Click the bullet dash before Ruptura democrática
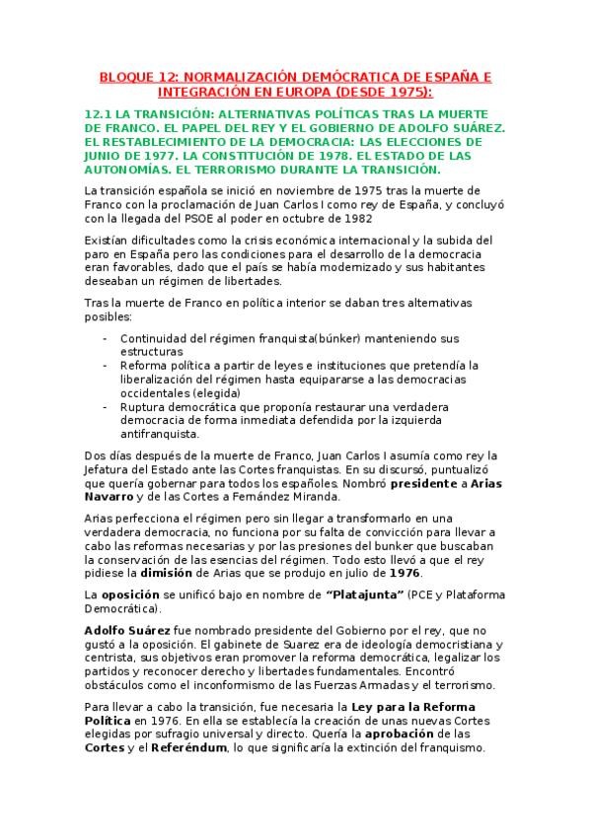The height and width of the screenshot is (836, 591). point(106,405)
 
